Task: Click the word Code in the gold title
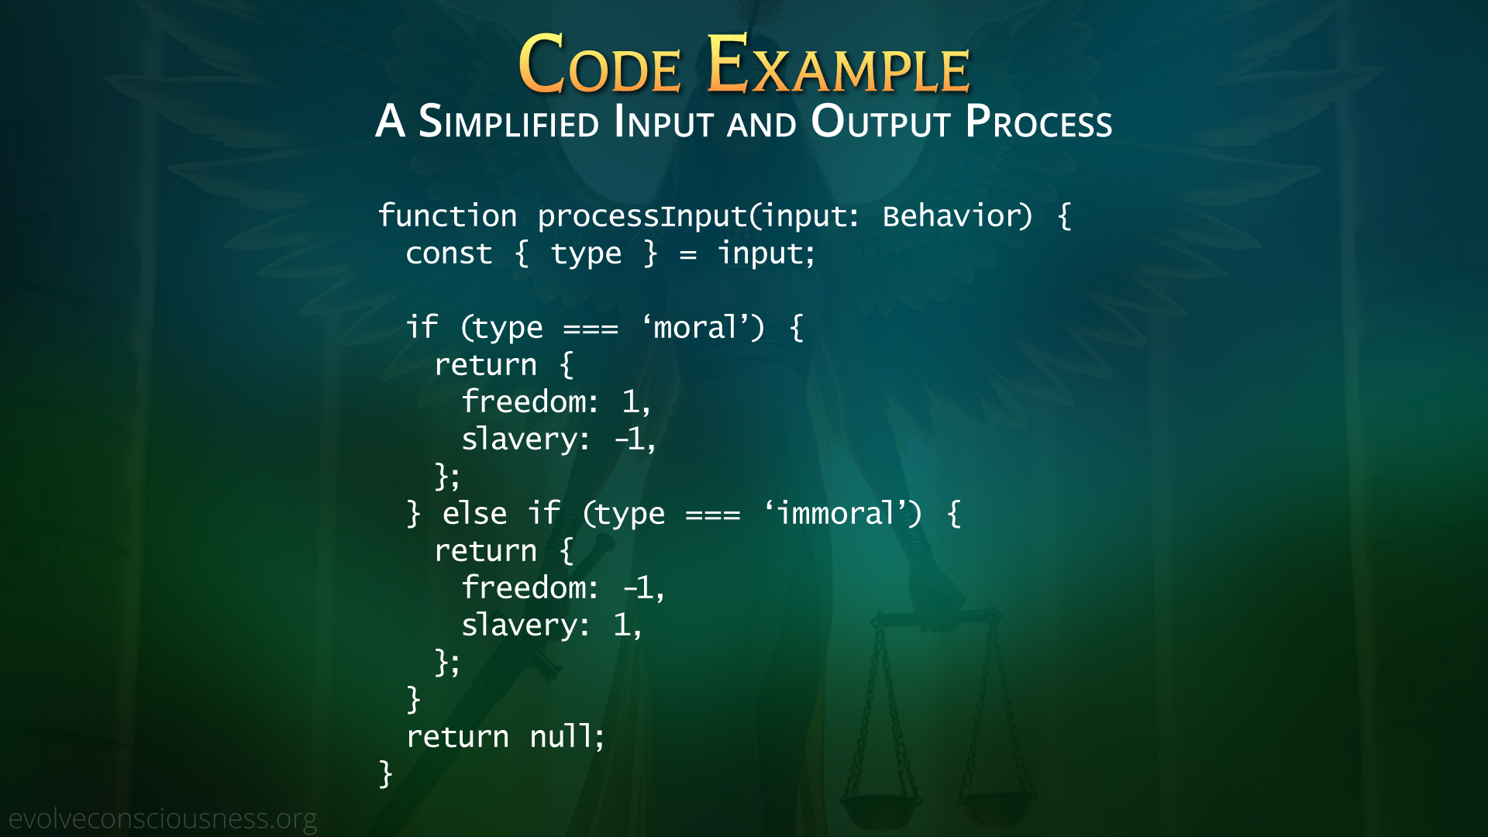pyautogui.click(x=600, y=64)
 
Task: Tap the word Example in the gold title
pyautogui.click(x=838, y=64)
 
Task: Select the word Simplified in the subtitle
pyautogui.click(x=508, y=121)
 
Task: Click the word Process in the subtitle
pyautogui.click(x=1038, y=121)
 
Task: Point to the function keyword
pyautogui.click(x=447, y=215)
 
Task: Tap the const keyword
pyautogui.click(x=449, y=253)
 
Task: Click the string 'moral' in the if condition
pyautogui.click(x=695, y=327)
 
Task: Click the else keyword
pyautogui.click(x=474, y=513)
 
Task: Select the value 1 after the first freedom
pyautogui.click(x=631, y=401)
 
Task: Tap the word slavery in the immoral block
pyautogui.click(x=520, y=625)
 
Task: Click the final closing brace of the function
pyautogui.click(x=385, y=773)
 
